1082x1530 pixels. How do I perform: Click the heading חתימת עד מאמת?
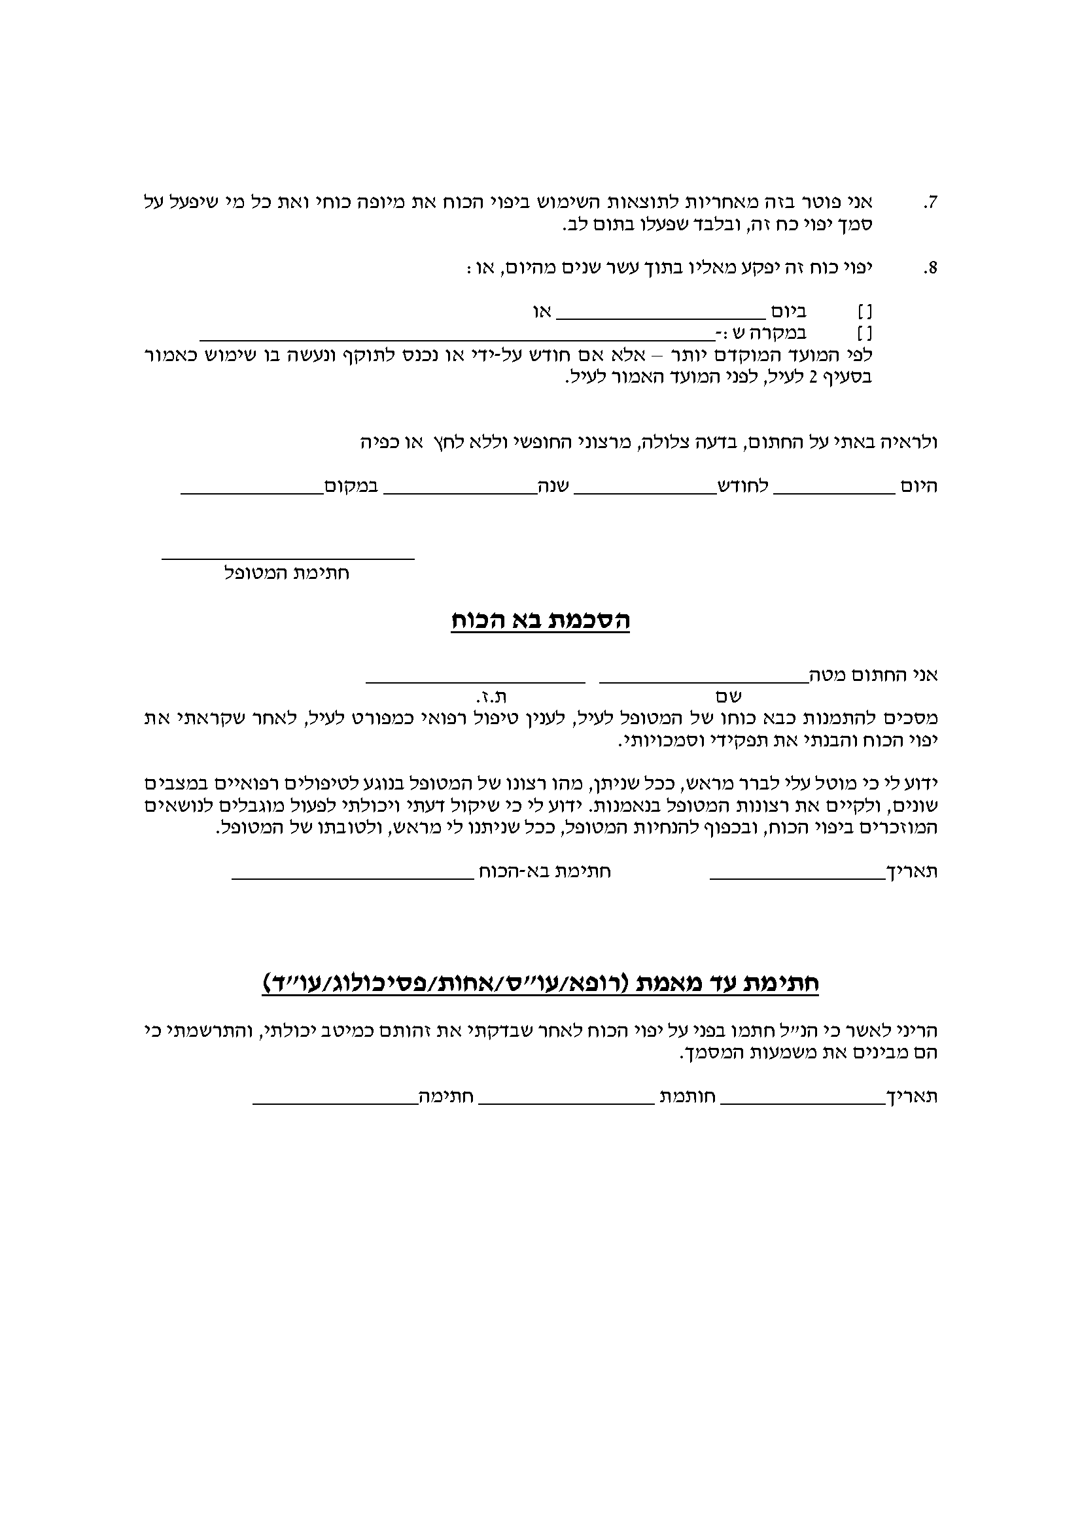540,984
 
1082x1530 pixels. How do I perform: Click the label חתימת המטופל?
287,573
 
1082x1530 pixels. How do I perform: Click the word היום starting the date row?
918,487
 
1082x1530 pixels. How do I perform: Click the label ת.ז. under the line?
491,697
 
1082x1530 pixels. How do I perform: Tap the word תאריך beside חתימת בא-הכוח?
915,871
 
